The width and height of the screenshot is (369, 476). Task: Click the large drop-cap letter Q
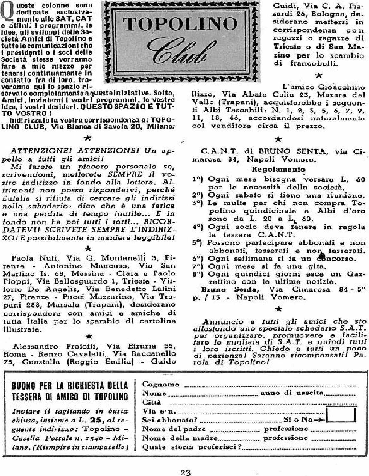[7, 11]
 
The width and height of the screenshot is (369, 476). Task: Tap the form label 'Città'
[151, 402]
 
